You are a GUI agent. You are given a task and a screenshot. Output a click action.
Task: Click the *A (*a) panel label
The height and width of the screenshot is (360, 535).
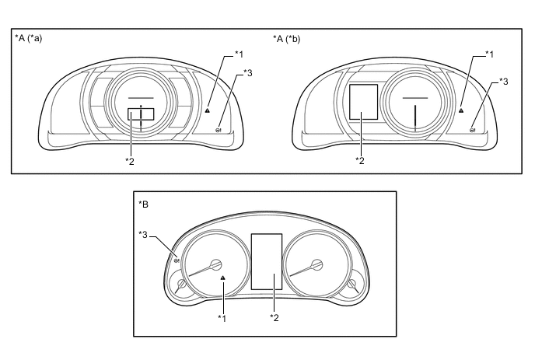coord(28,38)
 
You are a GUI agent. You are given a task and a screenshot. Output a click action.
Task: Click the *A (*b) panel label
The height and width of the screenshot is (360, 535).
coord(287,39)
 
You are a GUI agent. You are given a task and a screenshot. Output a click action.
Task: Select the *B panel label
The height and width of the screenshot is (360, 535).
coord(143,204)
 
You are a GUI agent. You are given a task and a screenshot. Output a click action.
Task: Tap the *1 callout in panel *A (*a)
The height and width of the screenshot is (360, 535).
coord(239,54)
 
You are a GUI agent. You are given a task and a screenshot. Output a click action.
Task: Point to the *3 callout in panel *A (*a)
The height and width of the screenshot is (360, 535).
coord(248,72)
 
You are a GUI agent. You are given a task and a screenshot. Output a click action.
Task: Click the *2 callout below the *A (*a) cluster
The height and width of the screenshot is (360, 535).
coord(130,161)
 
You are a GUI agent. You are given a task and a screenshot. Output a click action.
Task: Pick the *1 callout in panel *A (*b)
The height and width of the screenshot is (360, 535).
coord(489,54)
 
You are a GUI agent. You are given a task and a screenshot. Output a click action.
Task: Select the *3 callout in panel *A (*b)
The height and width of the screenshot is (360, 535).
coord(503,82)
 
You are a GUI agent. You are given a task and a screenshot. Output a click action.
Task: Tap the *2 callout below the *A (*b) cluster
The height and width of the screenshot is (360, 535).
coord(360,160)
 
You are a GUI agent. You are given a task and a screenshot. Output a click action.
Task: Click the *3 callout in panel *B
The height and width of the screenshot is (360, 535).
coord(143,234)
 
